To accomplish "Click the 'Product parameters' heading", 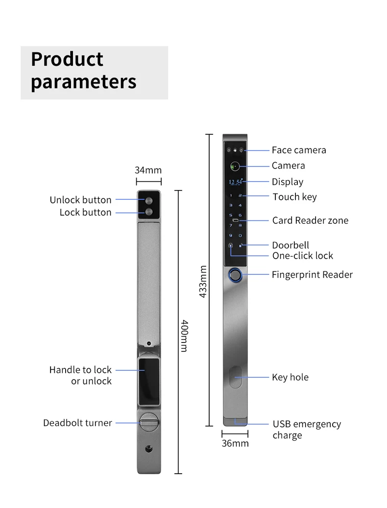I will point(83,70).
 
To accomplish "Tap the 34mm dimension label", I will point(148,170).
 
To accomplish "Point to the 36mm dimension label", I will point(235,443).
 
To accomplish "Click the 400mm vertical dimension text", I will point(184,336).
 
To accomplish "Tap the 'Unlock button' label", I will point(80,200).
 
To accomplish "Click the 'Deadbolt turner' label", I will point(77,423).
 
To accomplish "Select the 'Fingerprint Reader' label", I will point(312,275).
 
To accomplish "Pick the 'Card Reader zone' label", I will point(310,220).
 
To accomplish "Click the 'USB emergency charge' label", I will point(307,430).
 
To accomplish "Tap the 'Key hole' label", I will point(290,377).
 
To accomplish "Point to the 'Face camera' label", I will point(299,150).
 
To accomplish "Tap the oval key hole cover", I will point(235,377).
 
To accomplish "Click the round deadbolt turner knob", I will point(148,422).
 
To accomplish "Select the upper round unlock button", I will point(148,200).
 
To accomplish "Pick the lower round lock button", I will point(148,212).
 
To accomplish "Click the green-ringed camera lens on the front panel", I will point(235,166).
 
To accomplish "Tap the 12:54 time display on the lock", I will point(235,182).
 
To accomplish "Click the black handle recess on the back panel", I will point(148,380).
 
